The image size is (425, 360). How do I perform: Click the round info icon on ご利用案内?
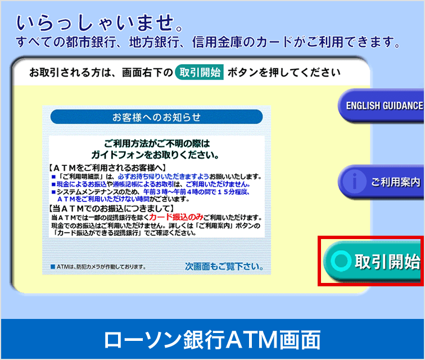pyautogui.click(x=354, y=182)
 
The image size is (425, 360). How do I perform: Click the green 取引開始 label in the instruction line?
pyautogui.click(x=200, y=72)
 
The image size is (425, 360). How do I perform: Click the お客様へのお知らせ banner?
pyautogui.click(x=156, y=117)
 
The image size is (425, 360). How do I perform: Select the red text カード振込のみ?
pyautogui.click(x=176, y=217)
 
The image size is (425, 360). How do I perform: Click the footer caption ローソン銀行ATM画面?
pyautogui.click(x=213, y=339)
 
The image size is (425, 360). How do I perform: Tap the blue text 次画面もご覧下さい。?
pyautogui.click(x=224, y=267)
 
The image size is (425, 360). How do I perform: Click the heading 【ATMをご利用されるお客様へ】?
pyautogui.click(x=107, y=168)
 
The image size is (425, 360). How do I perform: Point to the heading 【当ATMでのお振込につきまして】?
pyautogui.click(x=111, y=208)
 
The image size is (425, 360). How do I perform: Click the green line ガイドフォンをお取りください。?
pyautogui.click(x=155, y=155)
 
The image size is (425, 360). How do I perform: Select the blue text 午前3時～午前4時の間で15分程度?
pyautogui.click(x=196, y=192)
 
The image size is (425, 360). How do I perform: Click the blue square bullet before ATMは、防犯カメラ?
pyautogui.click(x=53, y=267)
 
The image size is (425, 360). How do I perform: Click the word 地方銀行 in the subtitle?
pyautogui.click(x=154, y=42)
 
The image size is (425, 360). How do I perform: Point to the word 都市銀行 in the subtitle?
pyautogui.click(x=91, y=42)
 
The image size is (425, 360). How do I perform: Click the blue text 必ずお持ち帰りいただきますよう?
pyautogui.click(x=164, y=177)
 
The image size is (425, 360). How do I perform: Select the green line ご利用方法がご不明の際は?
pyautogui.click(x=157, y=143)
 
